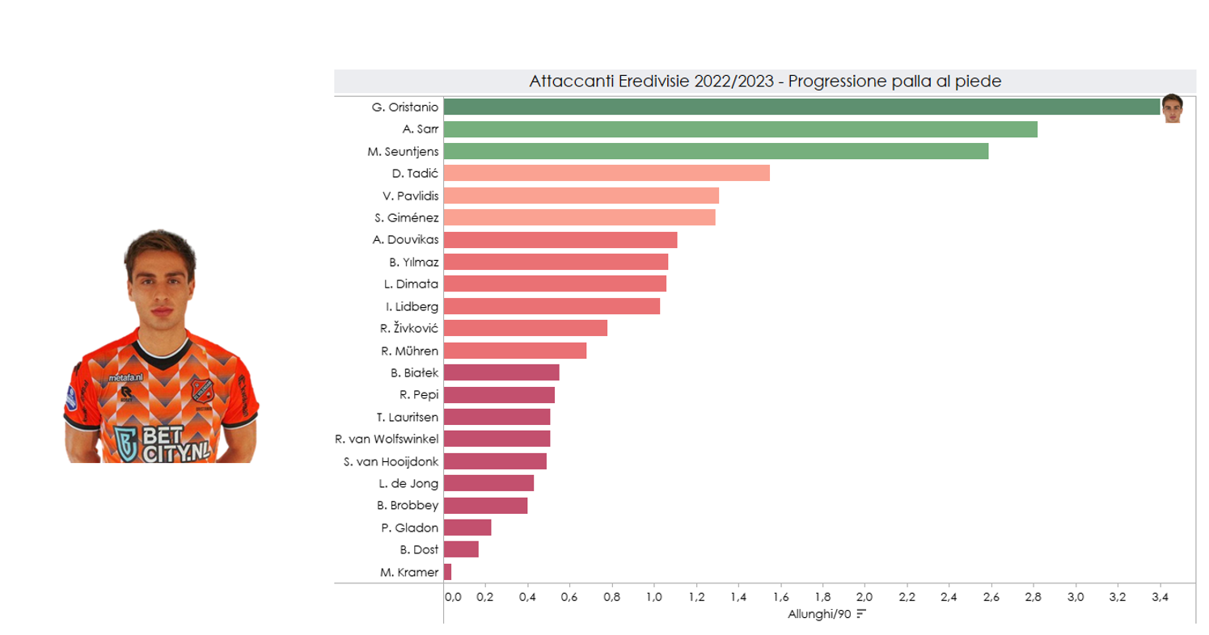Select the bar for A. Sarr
pos(740,129)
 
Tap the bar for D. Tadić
pos(607,173)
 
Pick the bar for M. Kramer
pos(447,572)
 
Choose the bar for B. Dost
pos(461,549)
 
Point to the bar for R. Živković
pos(525,328)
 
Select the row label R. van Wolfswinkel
pos(387,439)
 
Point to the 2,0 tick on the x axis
pos(864,598)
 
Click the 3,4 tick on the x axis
pos(1160,598)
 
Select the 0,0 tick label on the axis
pos(453,598)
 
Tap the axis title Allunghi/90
pos(819,614)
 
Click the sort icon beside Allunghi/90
pos(861,614)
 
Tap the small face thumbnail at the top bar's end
pos(1172,108)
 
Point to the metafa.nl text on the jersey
pos(127,377)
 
